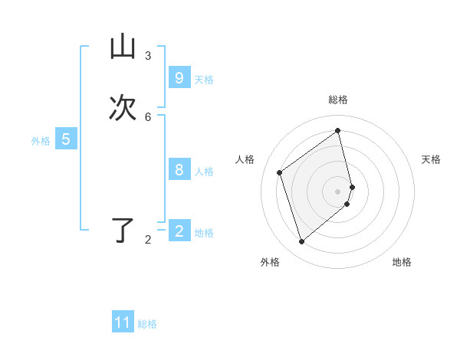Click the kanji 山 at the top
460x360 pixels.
coord(123,48)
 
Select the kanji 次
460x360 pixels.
coord(123,108)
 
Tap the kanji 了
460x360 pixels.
coord(123,231)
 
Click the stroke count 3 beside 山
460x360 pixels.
coord(148,56)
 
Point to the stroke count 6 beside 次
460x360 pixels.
coord(148,116)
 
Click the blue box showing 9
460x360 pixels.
coord(179,78)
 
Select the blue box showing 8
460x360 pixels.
coord(179,170)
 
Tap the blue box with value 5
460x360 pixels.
coord(66,139)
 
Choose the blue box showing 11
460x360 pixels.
coord(123,322)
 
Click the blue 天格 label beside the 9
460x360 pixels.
coord(204,80)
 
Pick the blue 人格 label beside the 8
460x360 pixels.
coord(204,172)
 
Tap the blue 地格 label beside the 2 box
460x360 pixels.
coord(204,233)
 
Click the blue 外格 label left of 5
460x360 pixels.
coord(41,141)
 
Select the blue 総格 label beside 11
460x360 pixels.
coord(147,324)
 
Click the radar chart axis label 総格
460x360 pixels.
coord(338,100)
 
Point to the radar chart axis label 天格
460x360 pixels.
coord(432,159)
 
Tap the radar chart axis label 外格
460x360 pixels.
coord(270,262)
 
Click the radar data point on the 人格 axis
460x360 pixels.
coord(280,172)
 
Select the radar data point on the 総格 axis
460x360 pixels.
coord(338,131)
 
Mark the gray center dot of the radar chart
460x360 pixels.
coord(338,191)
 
